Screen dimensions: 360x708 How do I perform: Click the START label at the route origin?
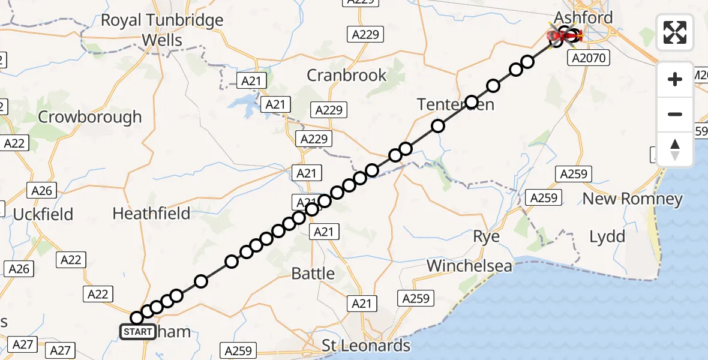(x=138, y=332)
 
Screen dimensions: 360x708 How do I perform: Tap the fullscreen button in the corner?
(x=675, y=32)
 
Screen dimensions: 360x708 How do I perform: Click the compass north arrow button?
(x=675, y=149)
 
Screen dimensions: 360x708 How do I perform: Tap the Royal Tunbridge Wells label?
(x=162, y=30)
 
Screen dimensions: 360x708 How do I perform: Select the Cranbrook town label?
(x=347, y=75)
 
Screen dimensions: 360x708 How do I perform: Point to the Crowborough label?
(x=90, y=116)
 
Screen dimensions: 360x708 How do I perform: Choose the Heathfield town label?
(x=151, y=213)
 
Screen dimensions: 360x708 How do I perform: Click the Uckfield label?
(x=43, y=214)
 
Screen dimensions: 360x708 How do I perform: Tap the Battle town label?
(x=313, y=274)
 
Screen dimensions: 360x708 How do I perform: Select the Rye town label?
(x=486, y=236)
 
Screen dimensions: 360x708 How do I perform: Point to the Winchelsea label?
(x=469, y=265)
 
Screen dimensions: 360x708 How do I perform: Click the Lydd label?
(x=607, y=236)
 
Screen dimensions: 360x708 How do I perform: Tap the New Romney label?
(x=633, y=199)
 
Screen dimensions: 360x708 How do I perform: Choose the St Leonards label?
(x=366, y=346)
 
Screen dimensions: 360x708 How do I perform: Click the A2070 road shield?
(x=590, y=58)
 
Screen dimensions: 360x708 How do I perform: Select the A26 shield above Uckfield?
(x=42, y=191)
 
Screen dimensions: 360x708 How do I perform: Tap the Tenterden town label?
(x=456, y=104)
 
